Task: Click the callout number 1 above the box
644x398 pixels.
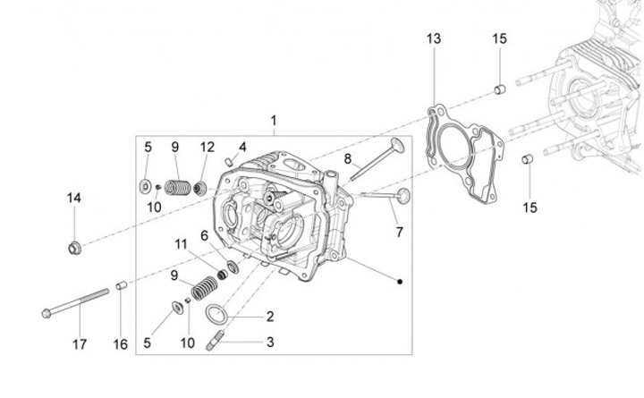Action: (273, 120)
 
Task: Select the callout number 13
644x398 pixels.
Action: (434, 38)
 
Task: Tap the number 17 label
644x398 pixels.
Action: (80, 344)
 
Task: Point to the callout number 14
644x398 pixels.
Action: (74, 198)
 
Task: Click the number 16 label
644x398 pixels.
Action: (121, 344)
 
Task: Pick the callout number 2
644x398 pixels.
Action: (269, 316)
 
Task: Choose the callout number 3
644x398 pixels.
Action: (269, 342)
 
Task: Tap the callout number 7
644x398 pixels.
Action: (399, 233)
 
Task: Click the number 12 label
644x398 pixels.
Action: (208, 146)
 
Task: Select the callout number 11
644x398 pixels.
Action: (182, 243)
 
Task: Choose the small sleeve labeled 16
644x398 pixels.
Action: (121, 286)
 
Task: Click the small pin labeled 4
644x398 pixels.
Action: (230, 161)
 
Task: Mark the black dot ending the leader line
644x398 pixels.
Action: (399, 282)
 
